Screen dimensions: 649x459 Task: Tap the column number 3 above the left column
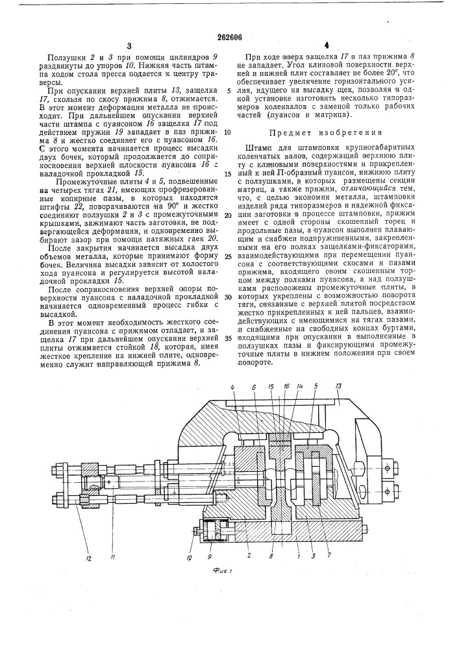coord(129,46)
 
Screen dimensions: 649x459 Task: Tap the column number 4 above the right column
coord(327,46)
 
